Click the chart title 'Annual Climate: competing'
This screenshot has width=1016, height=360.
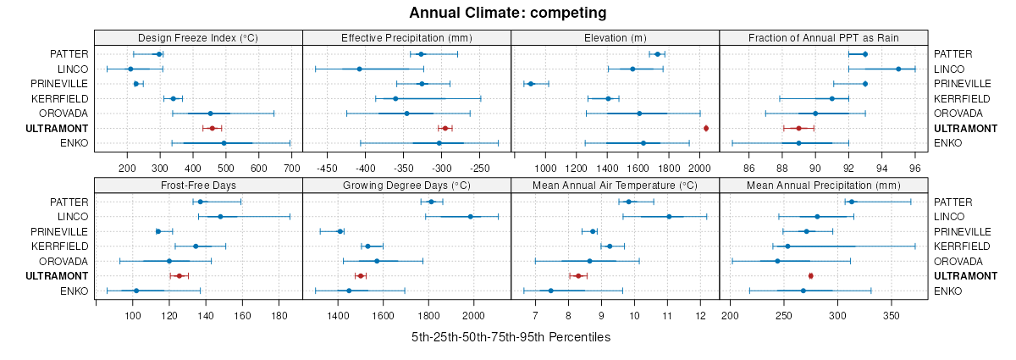(x=507, y=13)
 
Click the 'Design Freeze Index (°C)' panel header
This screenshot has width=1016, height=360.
(x=198, y=37)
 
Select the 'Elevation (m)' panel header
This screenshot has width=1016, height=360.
(x=615, y=37)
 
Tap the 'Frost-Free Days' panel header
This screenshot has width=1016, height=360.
(x=198, y=185)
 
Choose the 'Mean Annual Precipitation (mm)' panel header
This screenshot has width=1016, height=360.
(x=824, y=185)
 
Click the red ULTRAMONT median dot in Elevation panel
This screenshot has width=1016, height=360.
(x=706, y=128)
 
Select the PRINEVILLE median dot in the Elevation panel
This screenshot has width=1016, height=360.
(x=531, y=84)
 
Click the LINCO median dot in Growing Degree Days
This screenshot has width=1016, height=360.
(x=471, y=216)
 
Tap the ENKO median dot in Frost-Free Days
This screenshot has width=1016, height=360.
(x=136, y=291)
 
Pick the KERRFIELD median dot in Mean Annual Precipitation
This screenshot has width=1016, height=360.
(x=787, y=246)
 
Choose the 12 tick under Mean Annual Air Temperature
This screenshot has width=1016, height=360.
(x=701, y=316)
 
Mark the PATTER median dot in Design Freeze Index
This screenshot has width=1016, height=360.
(x=158, y=54)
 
